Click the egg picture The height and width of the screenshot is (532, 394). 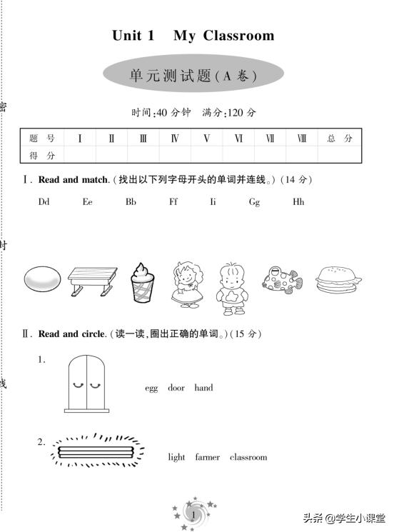43,279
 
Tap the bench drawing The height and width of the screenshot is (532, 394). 92,281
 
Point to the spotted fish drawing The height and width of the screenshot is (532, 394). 281,279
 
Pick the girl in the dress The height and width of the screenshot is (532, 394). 188,283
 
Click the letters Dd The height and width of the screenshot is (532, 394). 44,202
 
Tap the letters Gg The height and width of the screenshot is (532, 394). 254,202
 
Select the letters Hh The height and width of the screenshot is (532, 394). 298,202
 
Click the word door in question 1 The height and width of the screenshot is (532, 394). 176,388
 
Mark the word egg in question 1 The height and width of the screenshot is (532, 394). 151,388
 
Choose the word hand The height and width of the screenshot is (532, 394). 203,388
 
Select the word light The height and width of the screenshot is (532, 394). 176,457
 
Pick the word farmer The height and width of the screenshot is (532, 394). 208,457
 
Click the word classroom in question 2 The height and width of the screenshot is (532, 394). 248,457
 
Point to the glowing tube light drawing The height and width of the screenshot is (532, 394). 97,451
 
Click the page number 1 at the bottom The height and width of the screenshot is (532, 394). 193,515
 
